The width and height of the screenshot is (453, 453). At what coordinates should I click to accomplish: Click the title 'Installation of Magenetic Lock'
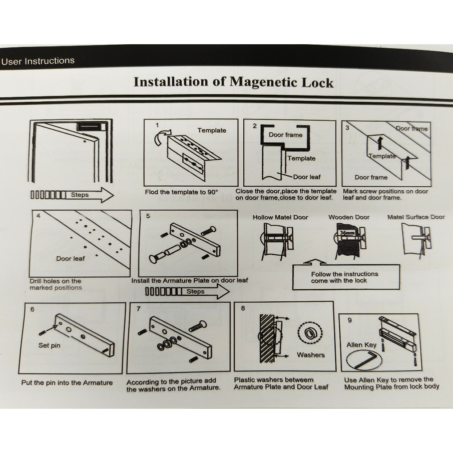click(x=233, y=82)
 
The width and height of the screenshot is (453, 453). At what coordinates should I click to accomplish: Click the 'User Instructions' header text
click(x=38, y=61)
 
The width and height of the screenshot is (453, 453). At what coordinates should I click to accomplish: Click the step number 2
click(x=254, y=126)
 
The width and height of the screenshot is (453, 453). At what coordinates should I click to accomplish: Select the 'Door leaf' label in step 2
click(x=307, y=177)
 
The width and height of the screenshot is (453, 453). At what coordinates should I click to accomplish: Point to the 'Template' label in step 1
click(x=211, y=131)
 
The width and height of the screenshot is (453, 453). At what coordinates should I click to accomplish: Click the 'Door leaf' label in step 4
click(x=70, y=258)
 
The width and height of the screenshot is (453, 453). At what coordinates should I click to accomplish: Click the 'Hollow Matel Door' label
click(x=280, y=217)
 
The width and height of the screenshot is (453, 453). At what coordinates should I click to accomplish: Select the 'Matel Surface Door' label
click(x=416, y=217)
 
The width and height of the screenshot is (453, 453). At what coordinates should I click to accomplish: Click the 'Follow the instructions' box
click(x=346, y=277)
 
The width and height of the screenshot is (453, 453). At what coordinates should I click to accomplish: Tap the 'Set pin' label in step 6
click(x=49, y=346)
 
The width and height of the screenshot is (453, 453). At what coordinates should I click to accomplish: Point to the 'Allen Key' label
click(x=361, y=345)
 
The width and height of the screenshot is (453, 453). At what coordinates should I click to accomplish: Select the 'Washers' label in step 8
click(x=311, y=355)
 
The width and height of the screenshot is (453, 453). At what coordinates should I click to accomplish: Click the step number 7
click(x=138, y=309)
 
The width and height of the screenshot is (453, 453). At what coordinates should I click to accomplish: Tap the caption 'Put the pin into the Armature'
click(x=67, y=383)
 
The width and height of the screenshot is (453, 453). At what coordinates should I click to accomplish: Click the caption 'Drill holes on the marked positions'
click(x=56, y=284)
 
